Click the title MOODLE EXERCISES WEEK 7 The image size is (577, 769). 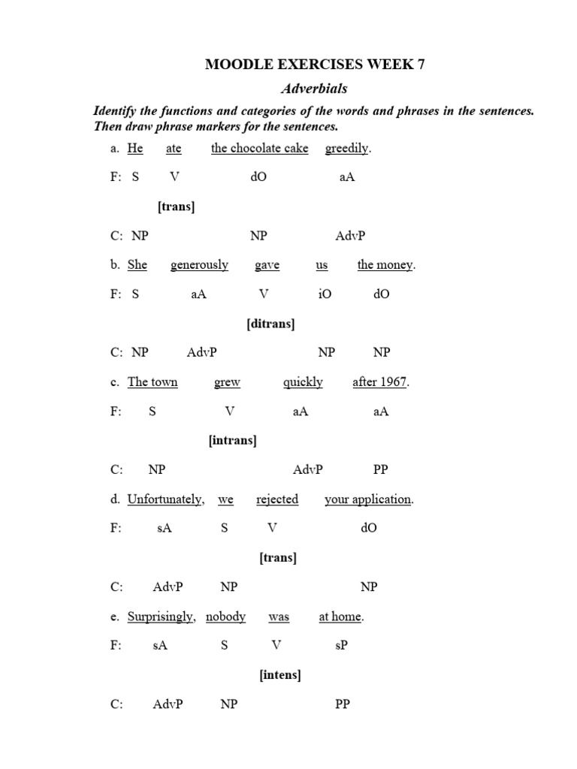click(x=315, y=65)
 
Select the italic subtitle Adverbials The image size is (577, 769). click(x=314, y=89)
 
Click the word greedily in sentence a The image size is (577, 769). click(x=347, y=148)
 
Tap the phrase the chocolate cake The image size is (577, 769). click(x=259, y=148)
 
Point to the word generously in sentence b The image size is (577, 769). click(x=199, y=265)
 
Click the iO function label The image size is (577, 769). click(x=325, y=294)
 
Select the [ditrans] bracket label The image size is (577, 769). click(x=270, y=324)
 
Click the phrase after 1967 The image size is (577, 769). click(x=379, y=382)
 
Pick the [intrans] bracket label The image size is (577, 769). click(x=232, y=441)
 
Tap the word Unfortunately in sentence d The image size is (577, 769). click(x=165, y=499)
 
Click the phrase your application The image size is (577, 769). click(x=367, y=499)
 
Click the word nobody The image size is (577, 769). click(x=225, y=617)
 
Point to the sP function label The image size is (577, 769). click(x=340, y=646)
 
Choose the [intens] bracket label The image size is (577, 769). click(x=280, y=675)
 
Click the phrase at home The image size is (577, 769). click(x=340, y=617)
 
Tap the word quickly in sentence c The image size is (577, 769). click(x=303, y=382)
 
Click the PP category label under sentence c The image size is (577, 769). click(x=381, y=470)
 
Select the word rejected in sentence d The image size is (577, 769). click(x=277, y=499)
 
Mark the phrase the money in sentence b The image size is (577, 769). click(x=385, y=265)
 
